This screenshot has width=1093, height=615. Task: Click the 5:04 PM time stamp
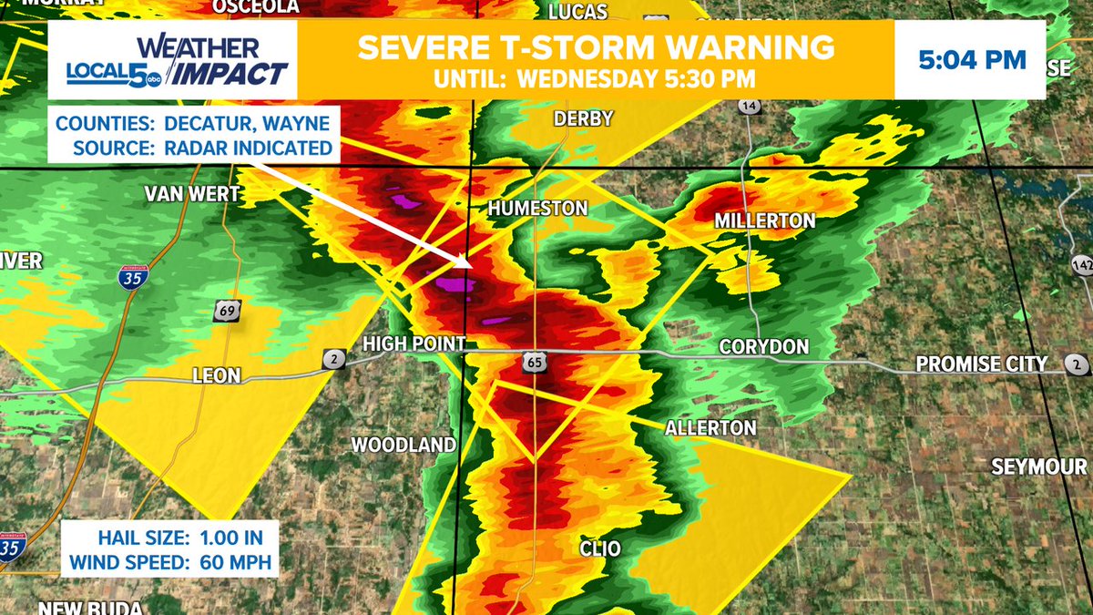click(972, 61)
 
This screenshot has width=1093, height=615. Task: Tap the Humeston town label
click(537, 209)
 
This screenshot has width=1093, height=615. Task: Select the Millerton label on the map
click(764, 221)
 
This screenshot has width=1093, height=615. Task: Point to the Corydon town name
click(763, 347)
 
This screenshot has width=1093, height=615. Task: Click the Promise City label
click(981, 364)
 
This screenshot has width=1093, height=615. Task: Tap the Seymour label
click(1038, 467)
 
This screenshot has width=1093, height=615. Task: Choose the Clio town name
click(600, 548)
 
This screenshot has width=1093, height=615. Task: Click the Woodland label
click(403, 445)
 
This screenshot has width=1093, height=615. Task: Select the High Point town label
click(414, 343)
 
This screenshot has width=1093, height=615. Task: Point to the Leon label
click(217, 375)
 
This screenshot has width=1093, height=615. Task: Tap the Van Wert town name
click(191, 194)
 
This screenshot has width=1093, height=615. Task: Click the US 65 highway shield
click(534, 363)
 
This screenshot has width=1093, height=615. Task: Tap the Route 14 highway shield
click(750, 107)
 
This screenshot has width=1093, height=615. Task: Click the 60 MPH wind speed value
click(231, 562)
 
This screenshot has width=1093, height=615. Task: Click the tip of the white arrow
click(470, 265)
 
